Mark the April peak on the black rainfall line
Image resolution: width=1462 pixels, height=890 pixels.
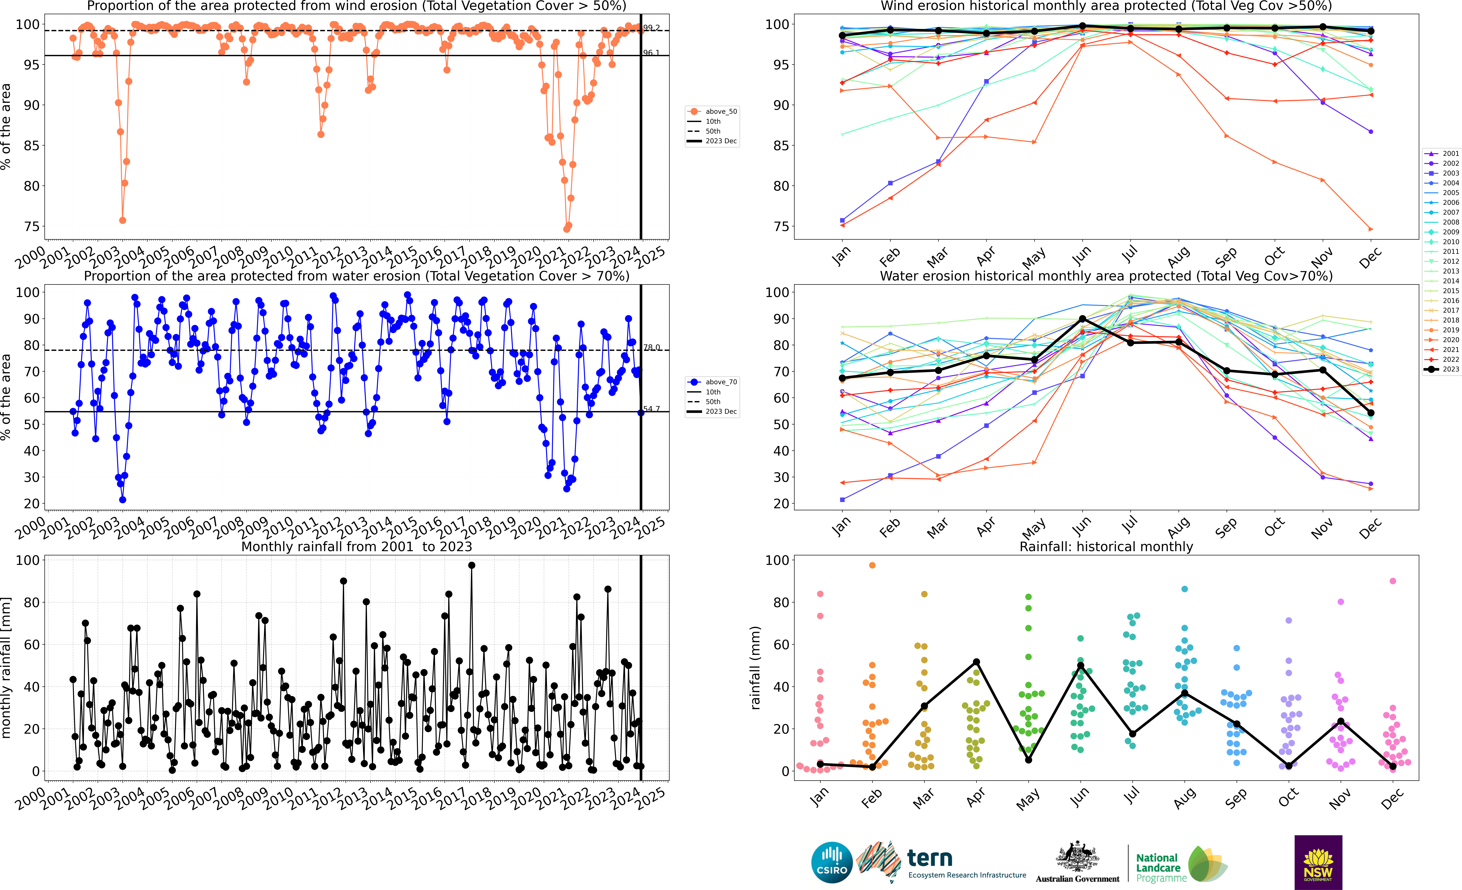point(976,662)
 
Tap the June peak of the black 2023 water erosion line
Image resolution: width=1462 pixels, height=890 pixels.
point(1082,319)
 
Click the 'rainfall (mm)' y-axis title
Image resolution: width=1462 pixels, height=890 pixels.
point(755,668)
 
